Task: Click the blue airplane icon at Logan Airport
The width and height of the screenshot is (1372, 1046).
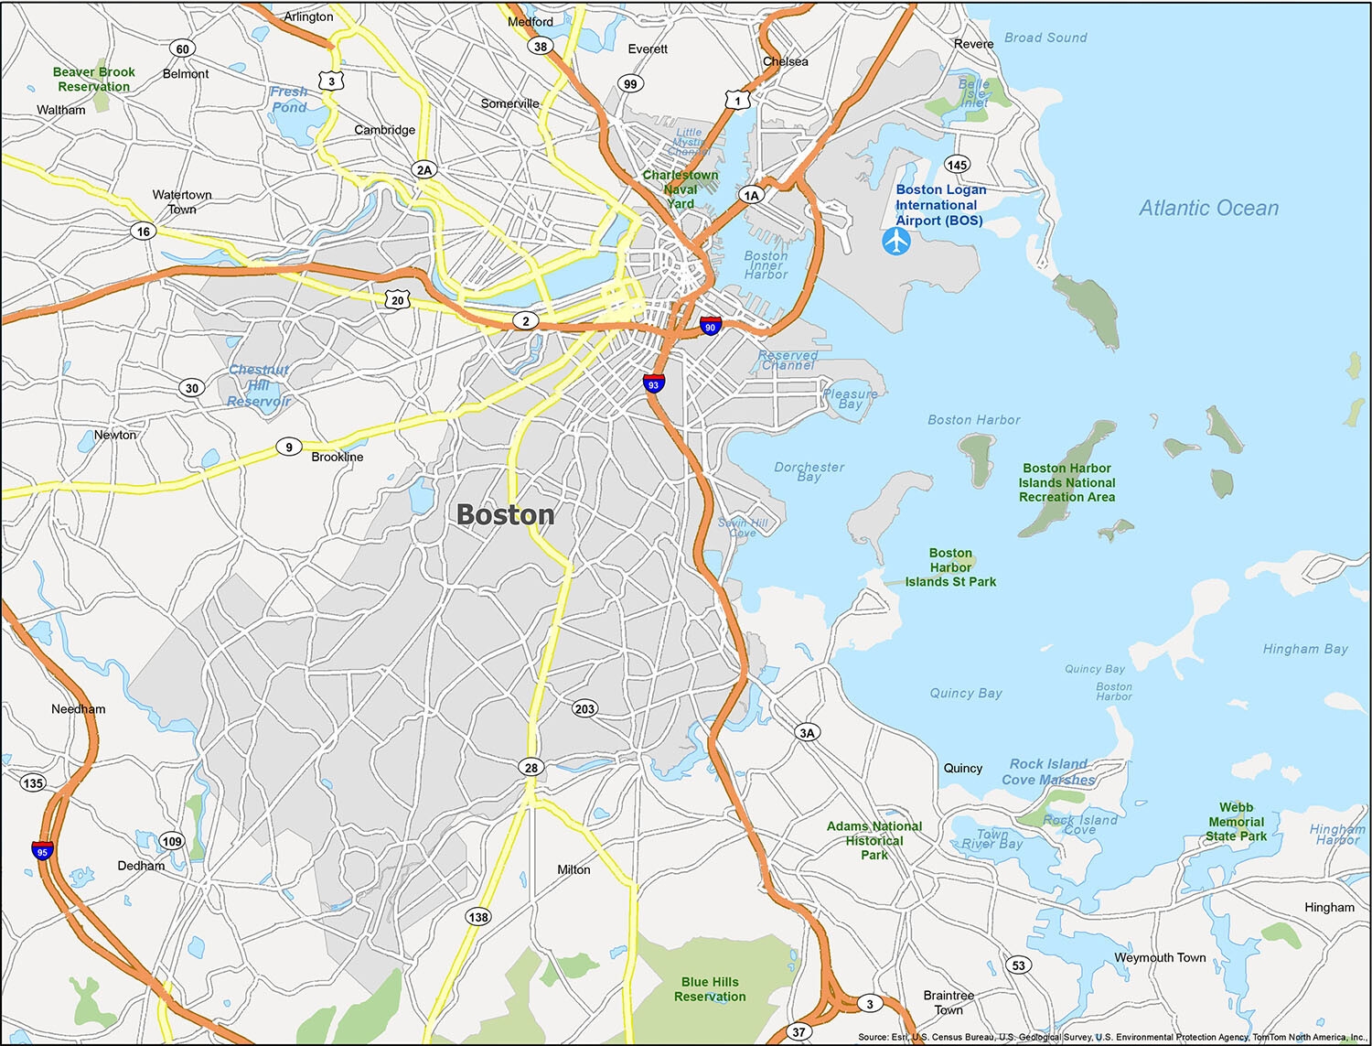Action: click(x=896, y=242)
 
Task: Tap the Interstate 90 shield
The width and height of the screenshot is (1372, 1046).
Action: click(x=710, y=326)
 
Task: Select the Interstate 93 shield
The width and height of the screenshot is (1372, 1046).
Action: click(x=653, y=383)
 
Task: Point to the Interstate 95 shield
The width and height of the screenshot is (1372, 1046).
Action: click(x=42, y=850)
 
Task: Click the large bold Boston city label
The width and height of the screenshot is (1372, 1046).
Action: click(x=505, y=515)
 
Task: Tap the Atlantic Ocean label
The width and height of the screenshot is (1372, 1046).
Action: click(x=1208, y=209)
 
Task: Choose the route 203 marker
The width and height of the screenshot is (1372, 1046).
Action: click(x=584, y=708)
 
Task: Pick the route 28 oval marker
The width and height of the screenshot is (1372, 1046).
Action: click(x=531, y=768)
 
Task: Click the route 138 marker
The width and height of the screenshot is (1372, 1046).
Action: click(x=478, y=916)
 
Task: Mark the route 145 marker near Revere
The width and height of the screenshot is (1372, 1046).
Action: click(x=957, y=165)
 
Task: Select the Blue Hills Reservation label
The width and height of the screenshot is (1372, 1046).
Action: click(x=710, y=989)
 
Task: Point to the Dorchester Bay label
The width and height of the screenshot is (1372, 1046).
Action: click(x=809, y=471)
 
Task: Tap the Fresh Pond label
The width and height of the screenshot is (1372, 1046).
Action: click(x=289, y=100)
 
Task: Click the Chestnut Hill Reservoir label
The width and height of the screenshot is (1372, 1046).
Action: click(x=259, y=385)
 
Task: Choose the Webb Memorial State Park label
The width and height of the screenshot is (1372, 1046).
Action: click(x=1236, y=822)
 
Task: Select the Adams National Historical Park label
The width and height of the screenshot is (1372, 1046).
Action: click(x=874, y=840)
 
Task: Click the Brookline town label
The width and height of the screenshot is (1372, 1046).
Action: click(x=337, y=457)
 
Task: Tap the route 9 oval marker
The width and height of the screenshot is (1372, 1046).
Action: click(x=289, y=448)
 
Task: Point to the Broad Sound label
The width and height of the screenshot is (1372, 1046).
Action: click(x=1045, y=38)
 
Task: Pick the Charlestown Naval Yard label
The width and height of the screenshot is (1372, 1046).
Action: click(x=681, y=189)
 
